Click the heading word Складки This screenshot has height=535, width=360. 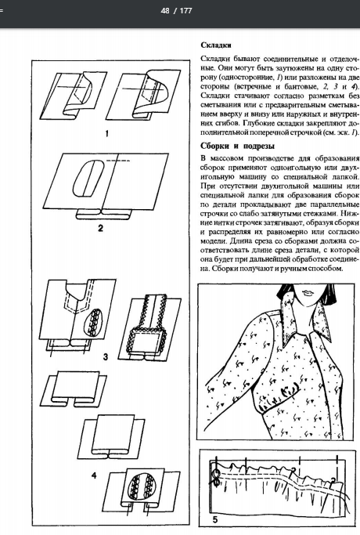click(216, 45)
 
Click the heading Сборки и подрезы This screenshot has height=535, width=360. click(237, 146)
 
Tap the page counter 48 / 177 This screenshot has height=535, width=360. click(176, 11)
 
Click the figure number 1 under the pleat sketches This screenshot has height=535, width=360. click(106, 133)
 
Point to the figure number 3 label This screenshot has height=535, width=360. click(106, 357)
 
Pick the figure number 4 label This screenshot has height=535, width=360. click(94, 475)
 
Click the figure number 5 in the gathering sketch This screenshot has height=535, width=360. click(214, 519)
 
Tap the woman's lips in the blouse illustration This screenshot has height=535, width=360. click(310, 293)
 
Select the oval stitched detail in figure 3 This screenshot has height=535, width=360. click(93, 324)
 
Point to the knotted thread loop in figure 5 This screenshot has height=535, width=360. click(216, 477)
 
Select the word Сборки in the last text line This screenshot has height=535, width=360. click(224, 269)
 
